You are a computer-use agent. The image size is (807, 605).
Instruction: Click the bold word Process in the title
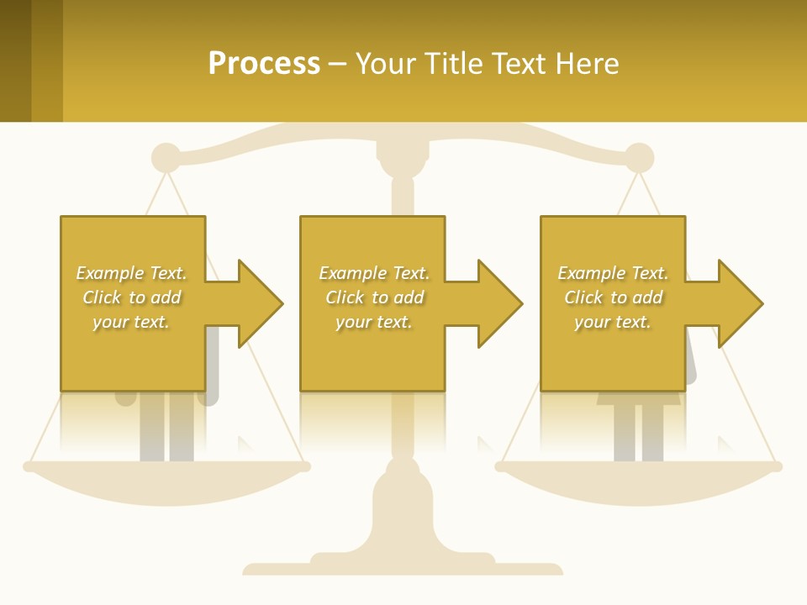click(264, 64)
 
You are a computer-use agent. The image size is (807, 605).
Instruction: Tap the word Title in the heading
click(455, 64)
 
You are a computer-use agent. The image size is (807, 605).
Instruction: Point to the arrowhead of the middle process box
click(498, 303)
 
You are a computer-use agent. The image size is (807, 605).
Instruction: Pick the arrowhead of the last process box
click(739, 303)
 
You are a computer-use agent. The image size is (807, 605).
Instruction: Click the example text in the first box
click(131, 297)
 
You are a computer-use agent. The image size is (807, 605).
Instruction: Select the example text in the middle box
click(373, 297)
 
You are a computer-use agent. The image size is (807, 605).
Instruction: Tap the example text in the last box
click(613, 297)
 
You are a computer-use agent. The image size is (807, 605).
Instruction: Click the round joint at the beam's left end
click(166, 158)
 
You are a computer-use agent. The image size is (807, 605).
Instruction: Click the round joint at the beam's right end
click(639, 158)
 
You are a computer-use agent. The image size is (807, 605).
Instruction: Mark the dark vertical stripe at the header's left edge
click(15, 60)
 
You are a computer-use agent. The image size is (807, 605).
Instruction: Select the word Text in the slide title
click(519, 64)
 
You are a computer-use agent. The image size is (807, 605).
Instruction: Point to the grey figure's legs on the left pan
click(166, 429)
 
